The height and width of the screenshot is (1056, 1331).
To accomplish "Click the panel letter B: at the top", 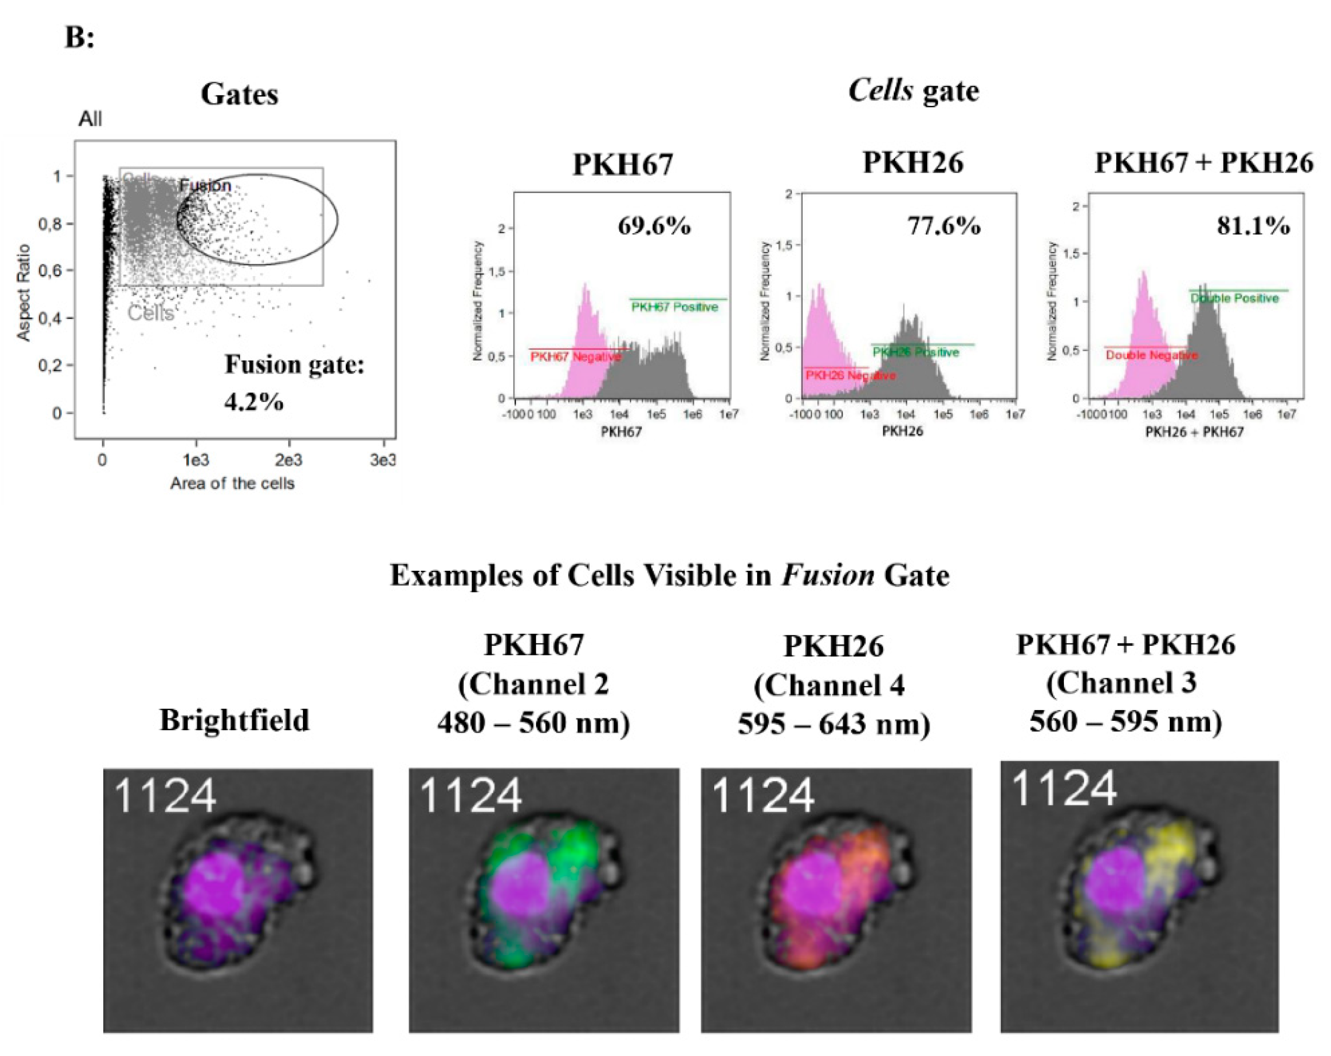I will point(80,38).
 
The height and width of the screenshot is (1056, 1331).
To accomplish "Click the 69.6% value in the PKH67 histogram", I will point(654,226).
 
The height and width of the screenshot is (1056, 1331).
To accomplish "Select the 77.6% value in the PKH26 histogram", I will point(943,226).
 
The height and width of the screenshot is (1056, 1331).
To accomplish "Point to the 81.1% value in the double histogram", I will point(1253,226).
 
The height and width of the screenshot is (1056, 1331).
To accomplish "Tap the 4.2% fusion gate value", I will point(254,402).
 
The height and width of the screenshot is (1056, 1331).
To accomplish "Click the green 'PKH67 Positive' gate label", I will point(674,307).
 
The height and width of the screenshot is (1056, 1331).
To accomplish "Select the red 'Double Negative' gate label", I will point(1151,355).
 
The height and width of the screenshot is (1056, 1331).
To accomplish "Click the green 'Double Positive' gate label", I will point(1234,298).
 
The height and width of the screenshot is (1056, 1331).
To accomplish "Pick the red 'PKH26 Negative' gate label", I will point(850,375).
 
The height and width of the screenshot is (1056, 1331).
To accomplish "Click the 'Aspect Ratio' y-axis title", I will point(24,293).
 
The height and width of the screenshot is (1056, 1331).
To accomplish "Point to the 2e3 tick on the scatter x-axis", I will point(288,460).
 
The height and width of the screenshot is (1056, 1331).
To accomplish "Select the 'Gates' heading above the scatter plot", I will point(240,94).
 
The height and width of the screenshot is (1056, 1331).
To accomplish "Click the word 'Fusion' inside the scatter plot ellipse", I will point(205,185).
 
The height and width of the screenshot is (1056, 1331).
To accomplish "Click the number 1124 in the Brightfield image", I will point(165,796).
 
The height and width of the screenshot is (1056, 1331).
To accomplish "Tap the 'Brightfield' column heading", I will point(234,720).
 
